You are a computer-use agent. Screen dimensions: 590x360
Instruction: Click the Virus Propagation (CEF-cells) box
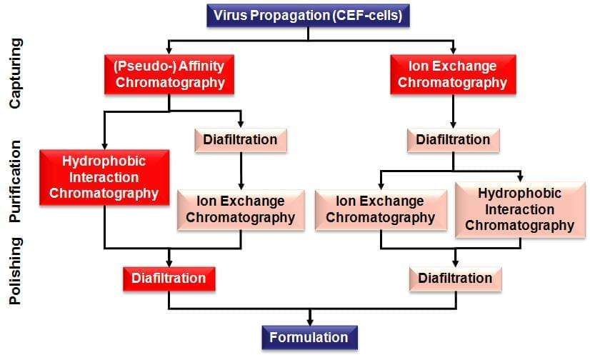(308, 16)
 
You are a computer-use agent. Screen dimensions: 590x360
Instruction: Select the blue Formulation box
(310, 337)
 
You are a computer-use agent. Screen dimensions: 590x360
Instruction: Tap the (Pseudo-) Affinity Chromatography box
(169, 74)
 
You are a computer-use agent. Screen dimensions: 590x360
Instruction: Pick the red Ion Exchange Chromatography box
(453, 74)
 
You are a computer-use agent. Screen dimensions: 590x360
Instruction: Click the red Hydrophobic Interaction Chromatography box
(104, 178)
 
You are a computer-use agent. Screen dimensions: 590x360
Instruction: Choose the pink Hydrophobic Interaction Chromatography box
(520, 209)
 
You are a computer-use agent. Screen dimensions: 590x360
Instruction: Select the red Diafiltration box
(169, 279)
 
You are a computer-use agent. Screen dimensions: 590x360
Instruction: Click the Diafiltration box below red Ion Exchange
(454, 140)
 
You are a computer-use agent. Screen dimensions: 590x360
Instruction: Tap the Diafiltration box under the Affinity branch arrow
(241, 140)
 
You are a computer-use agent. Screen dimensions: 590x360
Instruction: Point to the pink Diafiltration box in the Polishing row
(455, 279)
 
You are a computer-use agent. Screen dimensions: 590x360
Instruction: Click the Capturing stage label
(16, 74)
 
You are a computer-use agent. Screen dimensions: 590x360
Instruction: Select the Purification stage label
(16, 181)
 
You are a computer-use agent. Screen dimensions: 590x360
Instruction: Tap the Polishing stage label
(16, 271)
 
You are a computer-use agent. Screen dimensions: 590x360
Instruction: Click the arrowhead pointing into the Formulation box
(310, 322)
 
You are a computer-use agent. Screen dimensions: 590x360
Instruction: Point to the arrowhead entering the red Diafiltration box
(169, 264)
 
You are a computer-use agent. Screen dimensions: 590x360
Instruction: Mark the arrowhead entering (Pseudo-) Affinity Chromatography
(169, 51)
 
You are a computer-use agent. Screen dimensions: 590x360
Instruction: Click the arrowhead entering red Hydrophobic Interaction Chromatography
(104, 146)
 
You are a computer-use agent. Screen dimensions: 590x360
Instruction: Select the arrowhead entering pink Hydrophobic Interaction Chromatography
(521, 179)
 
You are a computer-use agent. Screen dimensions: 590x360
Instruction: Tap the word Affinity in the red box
(201, 66)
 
